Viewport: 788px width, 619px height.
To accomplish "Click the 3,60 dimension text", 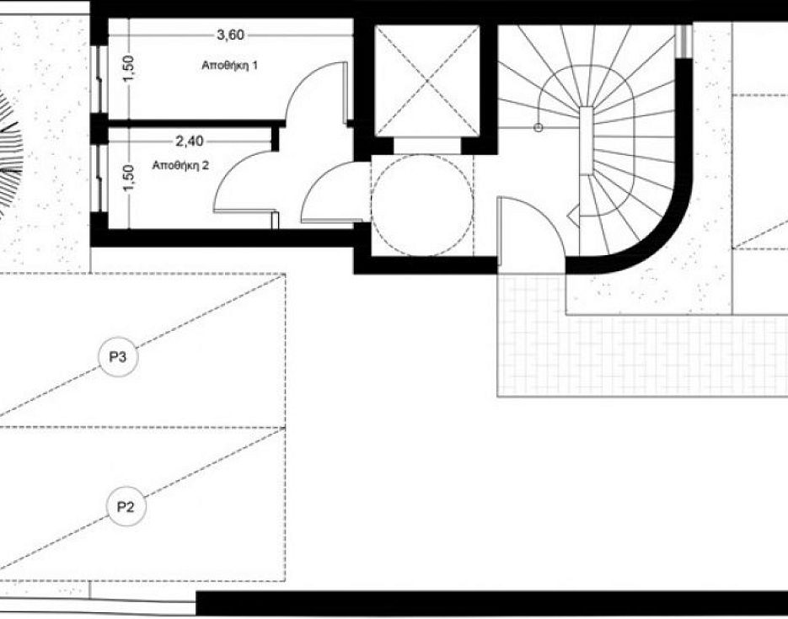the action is tap(230, 35).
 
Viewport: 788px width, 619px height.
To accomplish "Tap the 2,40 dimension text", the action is tap(190, 141).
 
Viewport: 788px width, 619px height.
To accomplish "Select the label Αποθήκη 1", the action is tap(230, 65).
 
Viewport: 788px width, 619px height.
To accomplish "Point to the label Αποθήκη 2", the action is tap(180, 165).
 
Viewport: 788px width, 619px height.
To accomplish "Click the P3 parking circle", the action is tap(118, 357).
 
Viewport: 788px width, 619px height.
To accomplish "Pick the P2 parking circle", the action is tap(125, 506).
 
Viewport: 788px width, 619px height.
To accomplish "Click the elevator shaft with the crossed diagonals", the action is tap(427, 81).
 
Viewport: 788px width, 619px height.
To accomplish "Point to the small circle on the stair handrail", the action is tap(539, 128).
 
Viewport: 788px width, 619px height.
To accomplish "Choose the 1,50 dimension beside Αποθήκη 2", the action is tap(129, 178).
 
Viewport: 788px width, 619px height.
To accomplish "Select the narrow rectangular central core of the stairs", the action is tap(587, 141).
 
